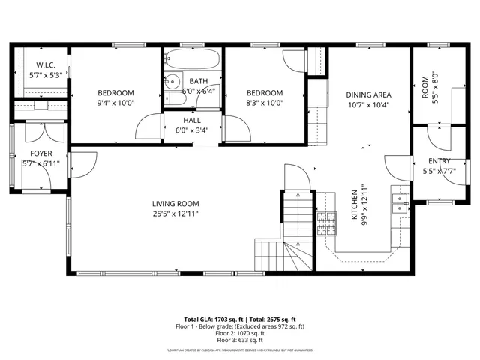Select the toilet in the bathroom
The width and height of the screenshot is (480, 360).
172,82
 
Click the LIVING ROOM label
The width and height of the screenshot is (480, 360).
175,203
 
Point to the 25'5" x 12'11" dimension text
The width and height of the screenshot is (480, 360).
175,214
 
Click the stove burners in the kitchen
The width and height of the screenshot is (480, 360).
326,221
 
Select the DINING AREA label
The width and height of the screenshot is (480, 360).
369,94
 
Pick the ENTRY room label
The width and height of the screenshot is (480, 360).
439,162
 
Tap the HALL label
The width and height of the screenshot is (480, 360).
192,120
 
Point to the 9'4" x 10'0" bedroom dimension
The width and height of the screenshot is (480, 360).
115,103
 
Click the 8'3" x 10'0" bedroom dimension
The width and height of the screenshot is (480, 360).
265,103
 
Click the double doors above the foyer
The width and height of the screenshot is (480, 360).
34,131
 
